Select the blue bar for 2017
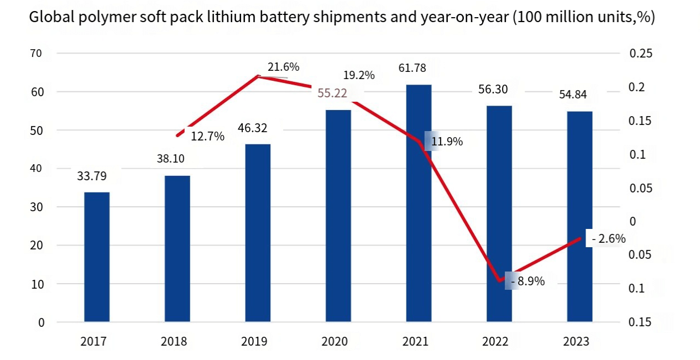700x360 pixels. point(97,257)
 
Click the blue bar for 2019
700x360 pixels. point(258,233)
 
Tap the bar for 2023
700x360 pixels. point(579,217)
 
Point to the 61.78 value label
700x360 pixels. point(412,68)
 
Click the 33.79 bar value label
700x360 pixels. point(92,176)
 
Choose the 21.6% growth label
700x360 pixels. point(284,67)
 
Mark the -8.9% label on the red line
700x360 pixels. point(528,281)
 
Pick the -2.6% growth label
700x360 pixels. point(609,239)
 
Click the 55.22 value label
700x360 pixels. point(332,93)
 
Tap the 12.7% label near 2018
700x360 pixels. point(207,137)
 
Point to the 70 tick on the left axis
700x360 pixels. point(36,54)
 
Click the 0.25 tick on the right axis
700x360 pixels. point(641,54)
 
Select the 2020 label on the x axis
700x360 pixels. point(335,341)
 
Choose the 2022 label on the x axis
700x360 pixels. point(495,341)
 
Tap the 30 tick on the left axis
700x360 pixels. point(36,207)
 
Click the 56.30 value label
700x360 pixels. point(493,90)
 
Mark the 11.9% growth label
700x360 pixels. point(447,142)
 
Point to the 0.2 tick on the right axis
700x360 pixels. point(637,87)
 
